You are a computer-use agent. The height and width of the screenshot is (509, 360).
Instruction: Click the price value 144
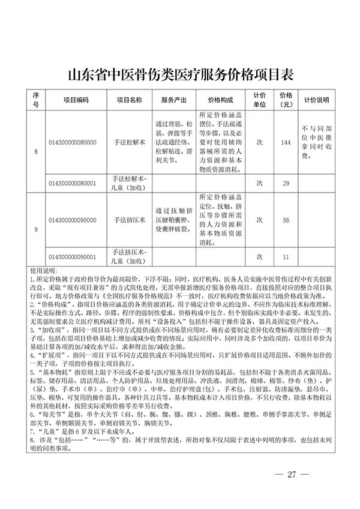pyautogui.click(x=285, y=142)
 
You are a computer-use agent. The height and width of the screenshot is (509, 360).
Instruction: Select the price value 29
pyautogui.click(x=285, y=182)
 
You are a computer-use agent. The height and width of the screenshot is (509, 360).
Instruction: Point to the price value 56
pyautogui.click(x=285, y=220)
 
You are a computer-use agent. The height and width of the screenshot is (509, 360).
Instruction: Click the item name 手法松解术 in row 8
pyautogui.click(x=129, y=142)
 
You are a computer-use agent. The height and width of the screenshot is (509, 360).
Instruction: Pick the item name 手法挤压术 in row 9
pyautogui.click(x=129, y=220)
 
